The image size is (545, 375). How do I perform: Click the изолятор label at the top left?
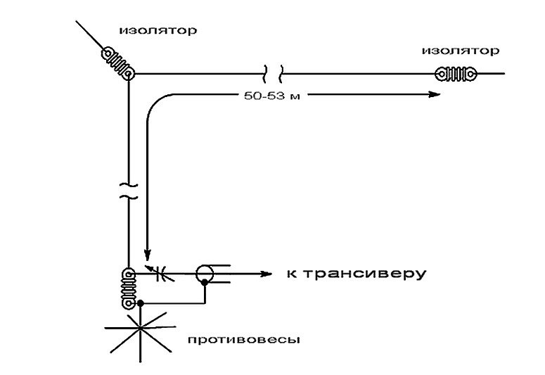158,31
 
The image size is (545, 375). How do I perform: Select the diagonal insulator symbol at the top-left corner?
117,62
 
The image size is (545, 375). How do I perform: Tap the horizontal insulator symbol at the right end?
455,73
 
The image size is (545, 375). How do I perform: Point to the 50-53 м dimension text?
270,95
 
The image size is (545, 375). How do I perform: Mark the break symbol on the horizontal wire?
274,72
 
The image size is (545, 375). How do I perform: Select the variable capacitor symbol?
158,273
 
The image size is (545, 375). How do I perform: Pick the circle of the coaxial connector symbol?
205,273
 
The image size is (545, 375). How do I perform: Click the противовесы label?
244,340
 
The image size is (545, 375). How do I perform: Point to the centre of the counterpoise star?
141,329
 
